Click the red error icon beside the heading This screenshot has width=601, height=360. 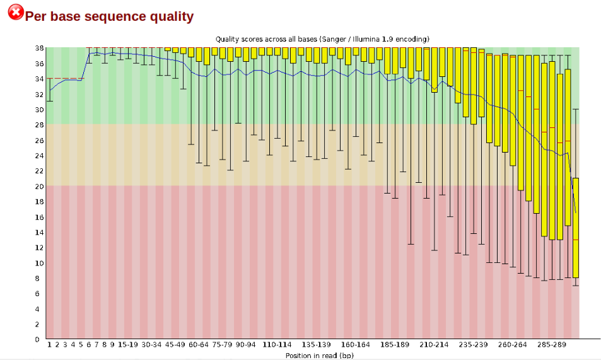16,12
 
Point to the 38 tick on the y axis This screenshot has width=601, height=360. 39,48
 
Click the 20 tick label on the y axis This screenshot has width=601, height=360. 39,186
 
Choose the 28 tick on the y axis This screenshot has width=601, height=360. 39,125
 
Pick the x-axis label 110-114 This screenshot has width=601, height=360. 277,345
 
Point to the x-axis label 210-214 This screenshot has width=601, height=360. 435,345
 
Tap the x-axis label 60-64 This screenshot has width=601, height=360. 199,345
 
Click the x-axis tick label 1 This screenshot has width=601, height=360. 49,345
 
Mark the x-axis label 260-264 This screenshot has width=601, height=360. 513,345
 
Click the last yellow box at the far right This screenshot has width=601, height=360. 575,227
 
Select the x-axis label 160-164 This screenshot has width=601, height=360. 356,345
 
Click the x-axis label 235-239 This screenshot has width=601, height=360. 474,345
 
